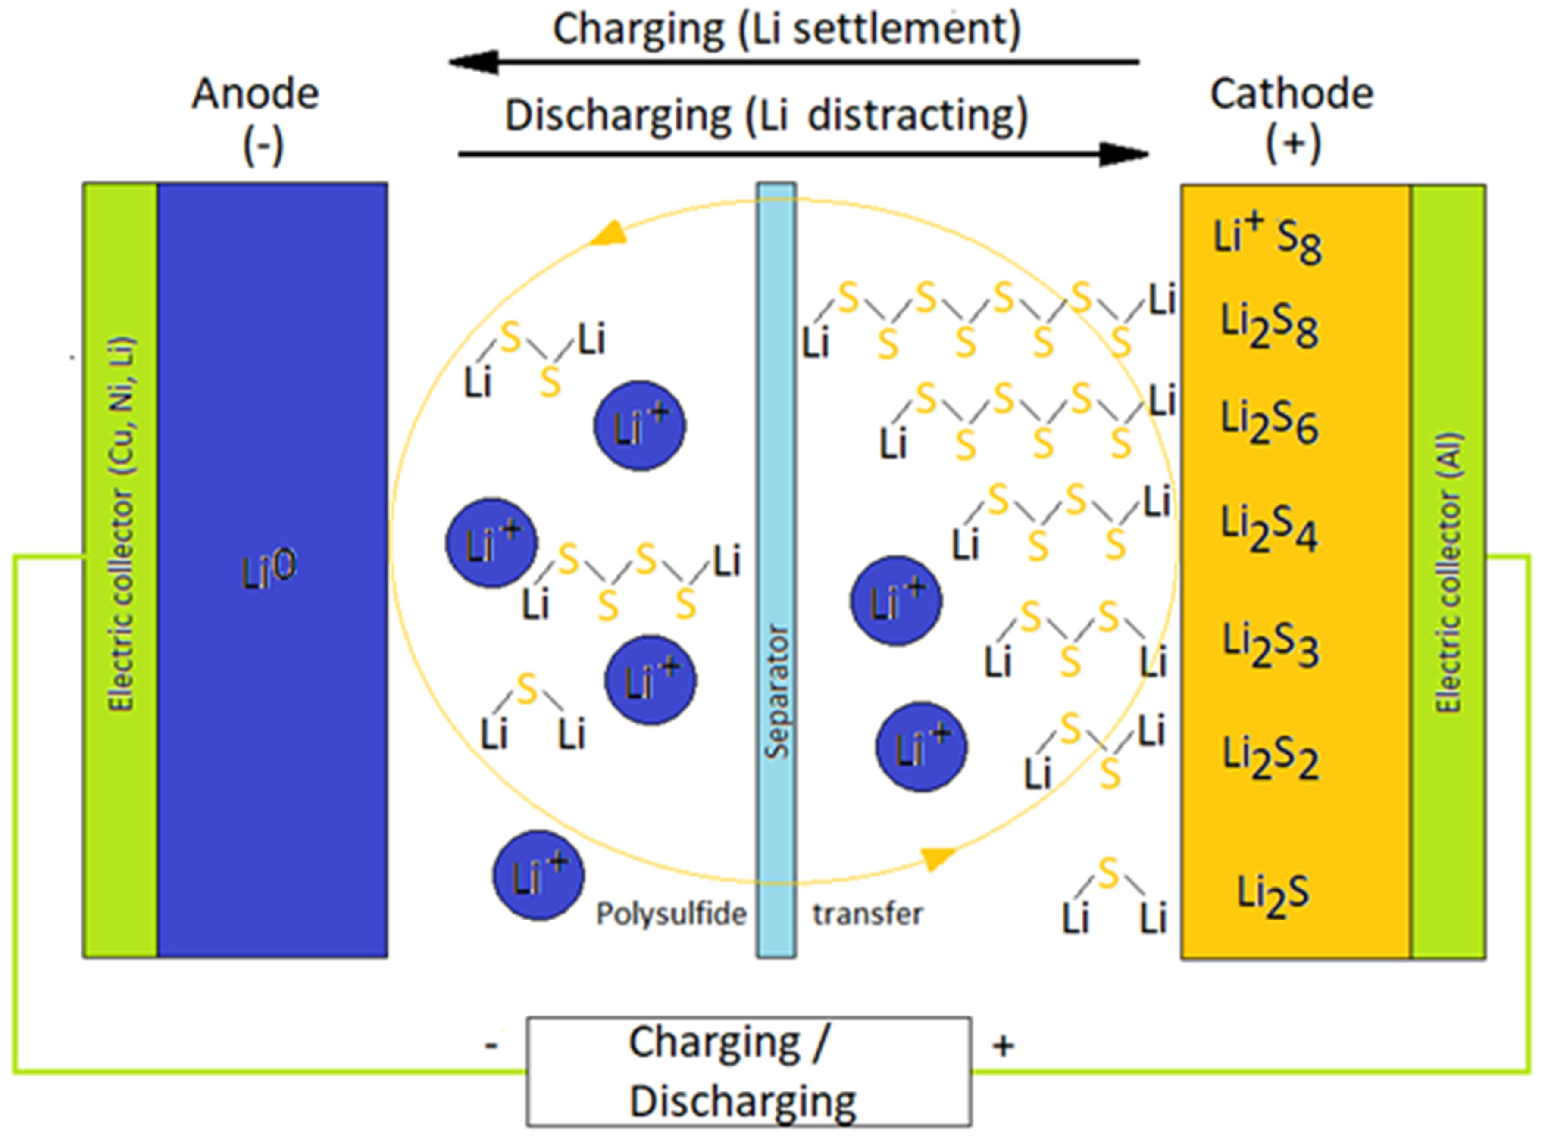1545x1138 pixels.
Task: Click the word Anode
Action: [255, 94]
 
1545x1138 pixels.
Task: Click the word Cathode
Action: [1292, 94]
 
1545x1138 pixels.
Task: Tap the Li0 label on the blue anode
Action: [269, 571]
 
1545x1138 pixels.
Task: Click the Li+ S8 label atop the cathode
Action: [1267, 238]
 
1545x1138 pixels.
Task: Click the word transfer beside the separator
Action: [867, 914]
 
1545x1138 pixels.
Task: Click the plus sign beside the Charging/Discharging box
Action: [1004, 1046]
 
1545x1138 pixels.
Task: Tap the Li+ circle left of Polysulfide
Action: [538, 876]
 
